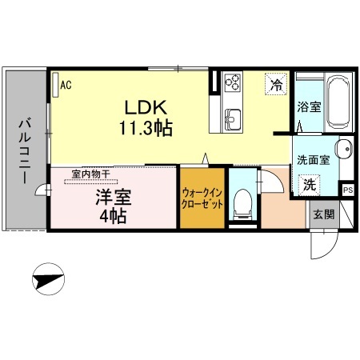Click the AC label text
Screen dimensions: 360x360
pyautogui.click(x=66, y=85)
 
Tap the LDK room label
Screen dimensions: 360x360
pyautogui.click(x=146, y=107)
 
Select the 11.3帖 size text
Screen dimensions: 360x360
pyautogui.click(x=146, y=128)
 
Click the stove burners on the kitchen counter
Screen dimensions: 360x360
pyautogui.click(x=232, y=82)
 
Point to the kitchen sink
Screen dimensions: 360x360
pyautogui.click(x=233, y=118)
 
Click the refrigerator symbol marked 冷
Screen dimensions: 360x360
pyautogui.click(x=276, y=84)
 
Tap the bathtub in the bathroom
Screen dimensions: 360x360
pyautogui.click(x=338, y=102)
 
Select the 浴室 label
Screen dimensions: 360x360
pyautogui.click(x=309, y=107)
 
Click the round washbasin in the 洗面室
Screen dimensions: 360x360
pyautogui.click(x=344, y=150)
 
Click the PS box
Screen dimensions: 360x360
pyautogui.click(x=348, y=190)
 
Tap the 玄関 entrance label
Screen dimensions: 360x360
pyautogui.click(x=323, y=214)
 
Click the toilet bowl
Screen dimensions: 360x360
pyautogui.click(x=242, y=203)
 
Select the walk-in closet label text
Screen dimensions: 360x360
pyautogui.click(x=202, y=198)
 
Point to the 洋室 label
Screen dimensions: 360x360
pyautogui.click(x=114, y=198)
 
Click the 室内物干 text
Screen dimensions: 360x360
pyautogui.click(x=90, y=174)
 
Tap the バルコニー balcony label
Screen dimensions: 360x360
pyautogui.click(x=25, y=152)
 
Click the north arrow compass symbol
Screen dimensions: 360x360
pyautogui.click(x=48, y=279)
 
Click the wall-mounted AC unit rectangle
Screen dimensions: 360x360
pyautogui.click(x=55, y=85)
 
